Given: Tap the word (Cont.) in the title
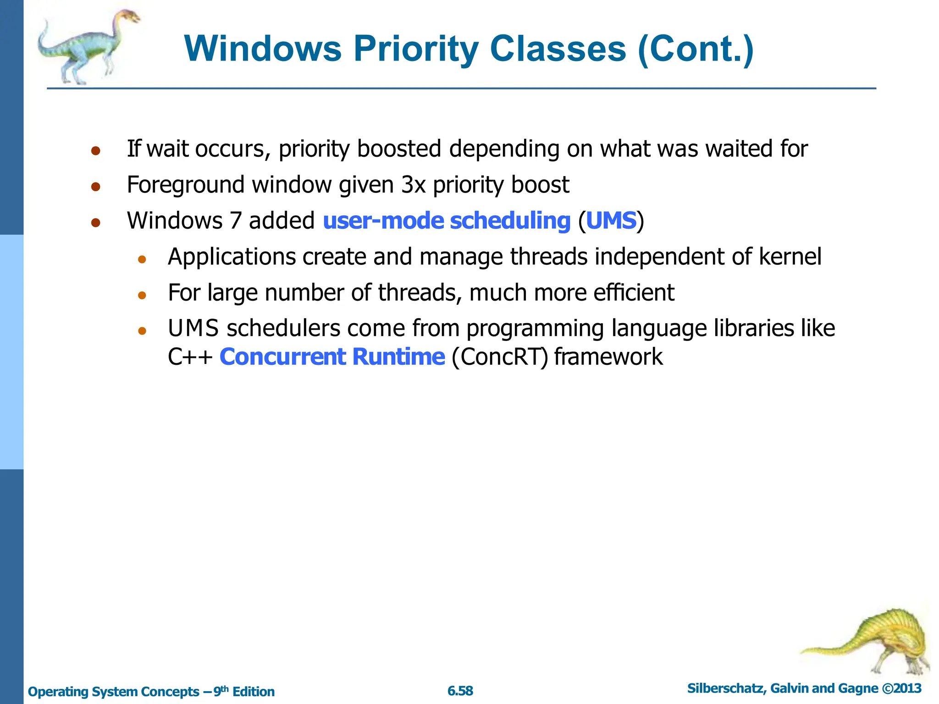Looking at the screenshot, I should pyautogui.click(x=696, y=49).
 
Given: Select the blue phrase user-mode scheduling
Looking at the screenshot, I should pyautogui.click(x=447, y=220).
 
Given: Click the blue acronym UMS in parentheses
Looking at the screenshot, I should pyautogui.click(x=611, y=220).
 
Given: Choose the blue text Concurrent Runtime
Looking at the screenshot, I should pyautogui.click(x=332, y=357).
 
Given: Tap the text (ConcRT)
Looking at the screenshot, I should pyautogui.click(x=500, y=357).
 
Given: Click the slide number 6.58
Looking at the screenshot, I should pyautogui.click(x=460, y=691).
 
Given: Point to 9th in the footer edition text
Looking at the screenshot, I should pyautogui.click(x=221, y=691).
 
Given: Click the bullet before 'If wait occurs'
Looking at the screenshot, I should pyautogui.click(x=95, y=151).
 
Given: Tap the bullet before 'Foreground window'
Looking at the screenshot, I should pyautogui.click(x=95, y=187).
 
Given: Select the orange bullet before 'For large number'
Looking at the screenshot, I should pyautogui.click(x=142, y=295).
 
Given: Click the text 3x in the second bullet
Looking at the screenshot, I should pyautogui.click(x=414, y=185).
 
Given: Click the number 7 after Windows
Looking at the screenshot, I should pyautogui.click(x=235, y=220).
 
